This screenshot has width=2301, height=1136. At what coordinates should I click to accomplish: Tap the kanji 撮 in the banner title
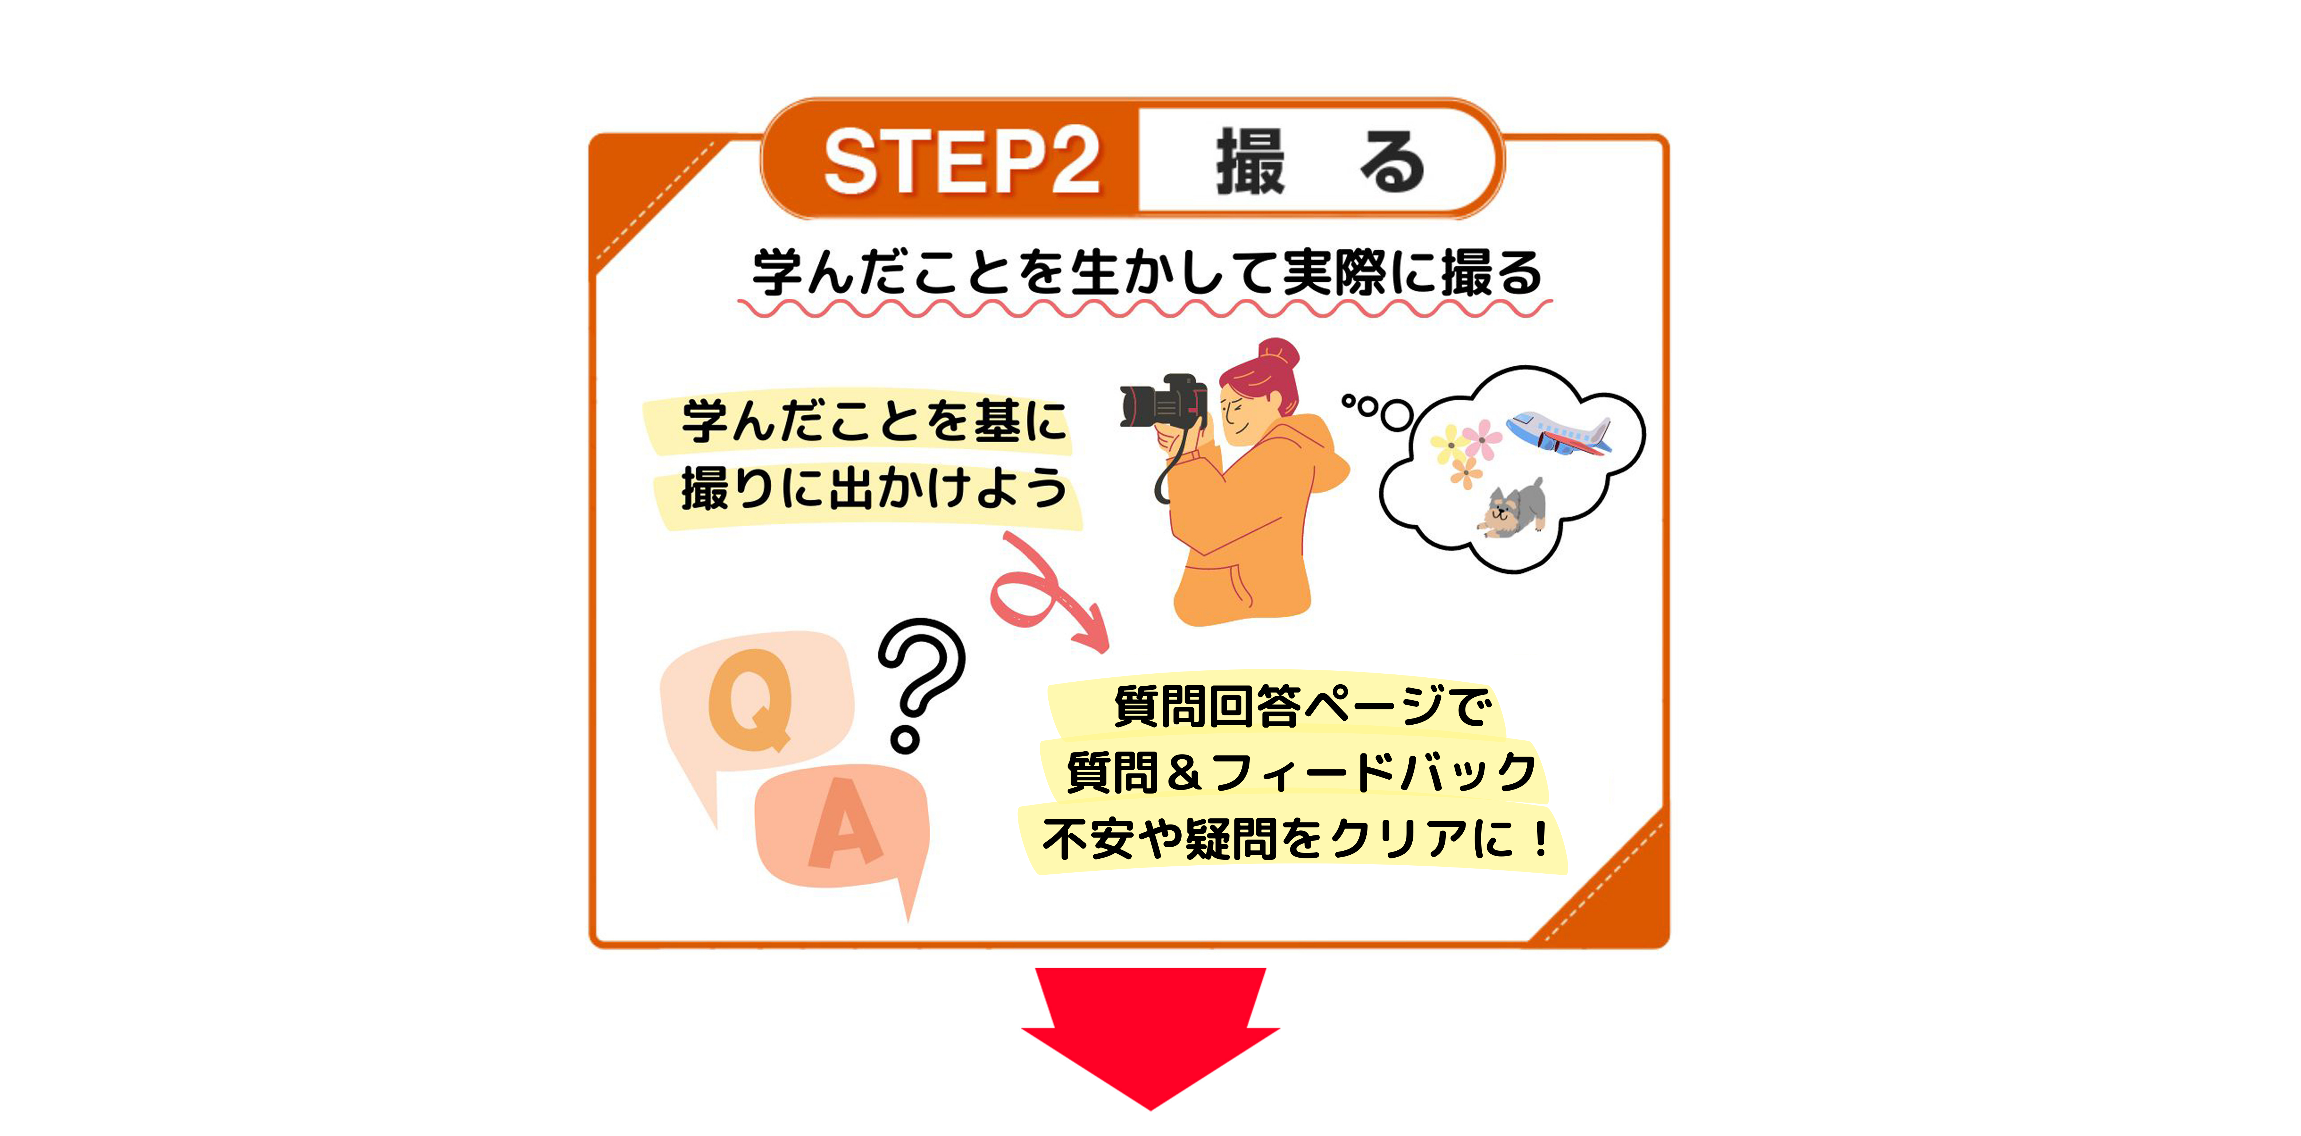pyautogui.click(x=1251, y=161)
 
